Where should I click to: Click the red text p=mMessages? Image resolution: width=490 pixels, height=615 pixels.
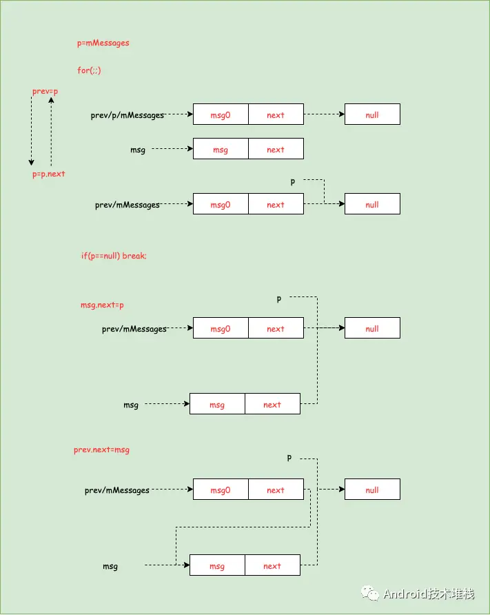pos(103,43)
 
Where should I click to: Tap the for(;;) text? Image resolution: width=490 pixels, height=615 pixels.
pos(89,70)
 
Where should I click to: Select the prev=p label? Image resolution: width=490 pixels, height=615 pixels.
pos(45,92)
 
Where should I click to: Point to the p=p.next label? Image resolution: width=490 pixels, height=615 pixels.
pos(49,174)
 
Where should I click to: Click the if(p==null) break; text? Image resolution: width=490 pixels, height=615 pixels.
pos(114,256)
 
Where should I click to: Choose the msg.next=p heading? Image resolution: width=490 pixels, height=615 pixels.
pos(102,305)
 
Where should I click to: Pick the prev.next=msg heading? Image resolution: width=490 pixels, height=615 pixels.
pos(101,450)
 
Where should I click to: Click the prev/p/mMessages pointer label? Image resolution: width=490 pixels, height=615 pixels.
pos(127,115)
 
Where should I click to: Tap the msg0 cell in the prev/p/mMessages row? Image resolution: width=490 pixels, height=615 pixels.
pos(221,114)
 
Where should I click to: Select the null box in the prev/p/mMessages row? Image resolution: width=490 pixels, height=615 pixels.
pos(372,114)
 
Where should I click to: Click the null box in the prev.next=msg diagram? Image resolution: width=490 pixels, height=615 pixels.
pos(372,489)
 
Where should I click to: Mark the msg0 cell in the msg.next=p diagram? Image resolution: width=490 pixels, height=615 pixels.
pos(221,328)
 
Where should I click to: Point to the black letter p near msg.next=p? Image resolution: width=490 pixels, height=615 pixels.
pos(278,299)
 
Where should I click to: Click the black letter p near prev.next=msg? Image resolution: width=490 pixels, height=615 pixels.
pos(289,458)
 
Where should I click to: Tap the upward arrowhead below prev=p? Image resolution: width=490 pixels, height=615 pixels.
pos(51,101)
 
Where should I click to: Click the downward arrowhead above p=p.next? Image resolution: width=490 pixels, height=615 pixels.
pos(32,163)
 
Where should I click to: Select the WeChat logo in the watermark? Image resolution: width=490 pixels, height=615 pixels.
pos(370,594)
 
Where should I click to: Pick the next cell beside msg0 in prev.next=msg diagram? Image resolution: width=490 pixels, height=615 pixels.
pos(276,489)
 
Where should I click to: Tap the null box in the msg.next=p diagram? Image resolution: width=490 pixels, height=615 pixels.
pos(372,328)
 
